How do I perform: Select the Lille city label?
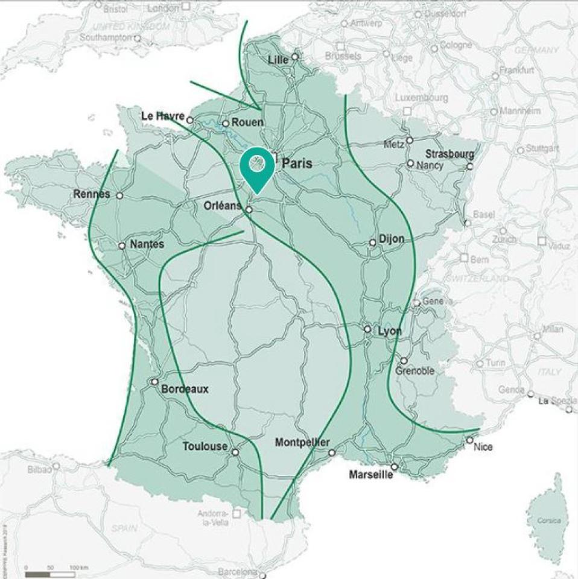click(278, 60)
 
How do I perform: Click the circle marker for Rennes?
click(119, 195)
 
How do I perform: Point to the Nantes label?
click(146, 245)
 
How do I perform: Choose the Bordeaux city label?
click(184, 389)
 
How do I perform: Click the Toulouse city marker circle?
click(235, 452)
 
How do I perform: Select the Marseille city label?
click(370, 475)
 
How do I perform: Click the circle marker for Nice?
click(469, 440)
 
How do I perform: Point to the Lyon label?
click(389, 331)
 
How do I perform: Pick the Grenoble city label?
click(414, 371)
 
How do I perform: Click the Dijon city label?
click(392, 239)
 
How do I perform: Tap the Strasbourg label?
click(449, 154)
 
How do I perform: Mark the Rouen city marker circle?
click(225, 124)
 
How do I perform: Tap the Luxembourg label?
click(422, 98)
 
